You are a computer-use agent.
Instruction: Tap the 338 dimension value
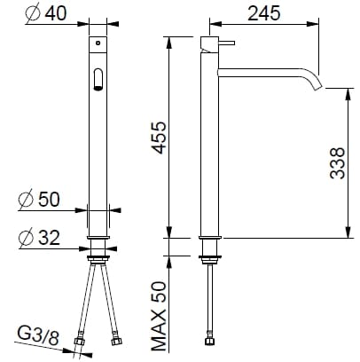337,162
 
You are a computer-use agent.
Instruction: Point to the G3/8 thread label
39,334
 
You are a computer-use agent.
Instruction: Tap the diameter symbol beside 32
26,238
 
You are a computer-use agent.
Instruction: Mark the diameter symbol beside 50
26,201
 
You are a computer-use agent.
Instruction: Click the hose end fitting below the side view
209,339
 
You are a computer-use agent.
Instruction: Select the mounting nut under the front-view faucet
98,260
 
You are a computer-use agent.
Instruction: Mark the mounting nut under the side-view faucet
209,260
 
